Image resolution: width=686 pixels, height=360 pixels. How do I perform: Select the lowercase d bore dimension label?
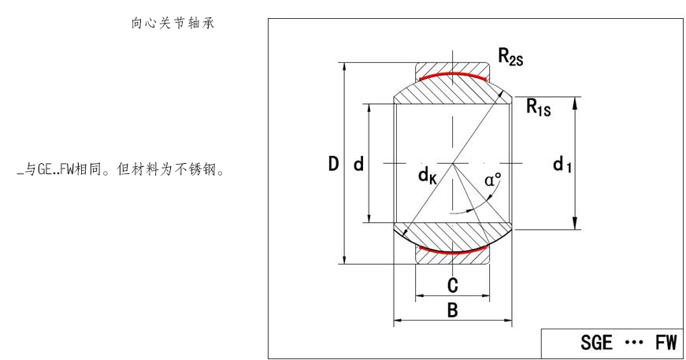click(358, 165)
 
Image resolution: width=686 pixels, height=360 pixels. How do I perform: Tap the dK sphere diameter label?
click(428, 176)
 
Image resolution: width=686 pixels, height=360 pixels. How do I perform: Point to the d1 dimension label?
click(562, 165)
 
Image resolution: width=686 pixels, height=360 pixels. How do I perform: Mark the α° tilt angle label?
click(493, 180)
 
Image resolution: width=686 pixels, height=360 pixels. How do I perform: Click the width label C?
click(453, 284)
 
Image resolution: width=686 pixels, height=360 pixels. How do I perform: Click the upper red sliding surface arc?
click(453, 75)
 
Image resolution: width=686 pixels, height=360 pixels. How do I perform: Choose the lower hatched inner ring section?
click(453, 234)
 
